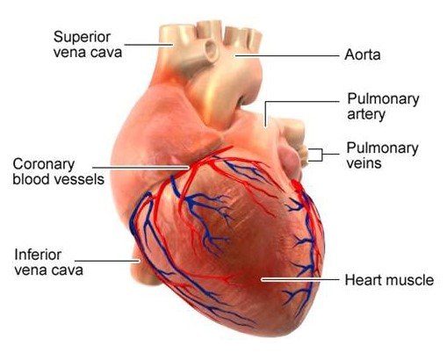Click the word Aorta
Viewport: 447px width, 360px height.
pos(363,54)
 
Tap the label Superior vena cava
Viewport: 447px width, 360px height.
pos(88,45)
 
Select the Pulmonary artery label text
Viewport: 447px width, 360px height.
pos(383,107)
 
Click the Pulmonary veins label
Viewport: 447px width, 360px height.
pos(382,155)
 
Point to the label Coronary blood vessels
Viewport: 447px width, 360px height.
pos(58,172)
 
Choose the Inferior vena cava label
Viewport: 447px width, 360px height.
pos(48,263)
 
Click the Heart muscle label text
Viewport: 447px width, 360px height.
pos(389,280)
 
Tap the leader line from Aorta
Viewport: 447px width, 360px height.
pos(287,55)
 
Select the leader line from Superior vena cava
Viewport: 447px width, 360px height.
pos(148,45)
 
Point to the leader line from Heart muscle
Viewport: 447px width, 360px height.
pos(300,279)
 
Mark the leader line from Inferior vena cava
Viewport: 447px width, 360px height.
pos(107,261)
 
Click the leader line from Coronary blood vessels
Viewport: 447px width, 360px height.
pos(141,168)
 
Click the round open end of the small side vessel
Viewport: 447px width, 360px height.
pos(210,50)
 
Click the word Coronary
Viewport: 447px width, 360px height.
pos(44,164)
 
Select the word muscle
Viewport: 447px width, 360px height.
pos(412,280)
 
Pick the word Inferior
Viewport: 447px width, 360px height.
pos(38,255)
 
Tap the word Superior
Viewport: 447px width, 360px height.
pos(82,38)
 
